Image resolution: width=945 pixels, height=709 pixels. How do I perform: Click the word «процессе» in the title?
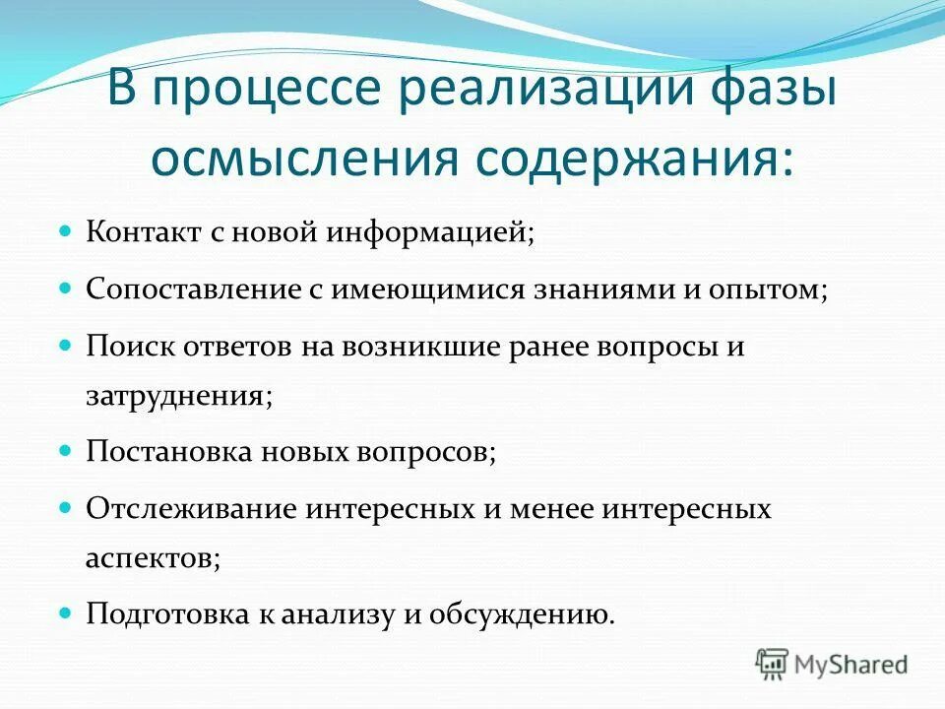(x=257, y=92)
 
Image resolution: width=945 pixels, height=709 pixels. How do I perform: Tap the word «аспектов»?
(x=153, y=557)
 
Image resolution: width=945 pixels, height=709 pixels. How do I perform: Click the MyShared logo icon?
(x=773, y=664)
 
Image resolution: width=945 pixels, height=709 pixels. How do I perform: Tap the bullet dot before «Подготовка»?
(x=67, y=612)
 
